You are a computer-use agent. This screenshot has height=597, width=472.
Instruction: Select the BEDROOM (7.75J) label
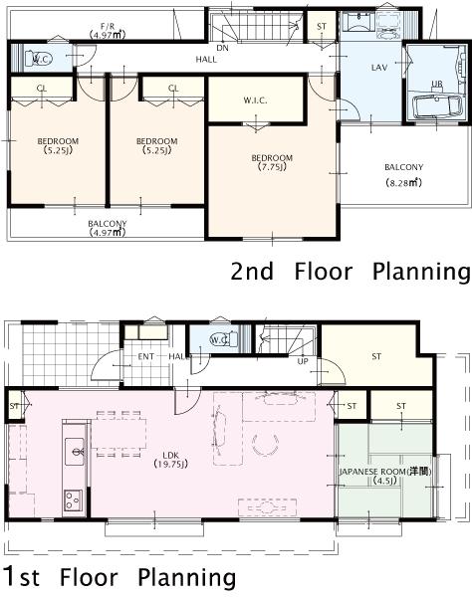click(271, 162)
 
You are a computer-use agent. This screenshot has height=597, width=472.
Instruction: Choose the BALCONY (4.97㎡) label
click(107, 228)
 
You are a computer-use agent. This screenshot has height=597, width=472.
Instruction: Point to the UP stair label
click(303, 360)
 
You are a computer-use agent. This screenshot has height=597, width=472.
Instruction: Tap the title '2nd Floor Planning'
click(350, 271)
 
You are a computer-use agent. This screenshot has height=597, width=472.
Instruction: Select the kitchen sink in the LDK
click(74, 455)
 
